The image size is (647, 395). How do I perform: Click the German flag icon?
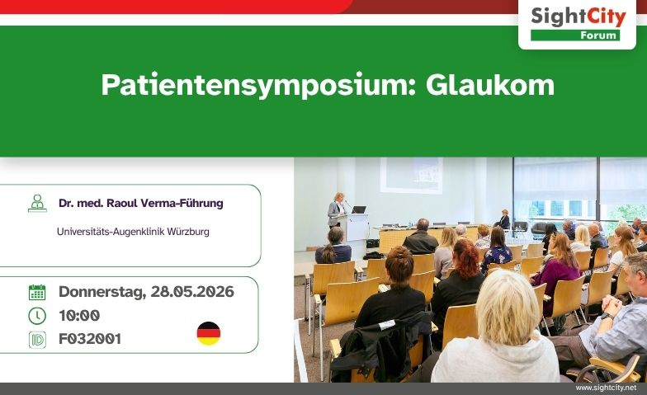209,333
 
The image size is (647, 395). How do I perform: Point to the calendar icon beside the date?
37,292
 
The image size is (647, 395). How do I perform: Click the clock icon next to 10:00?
37,316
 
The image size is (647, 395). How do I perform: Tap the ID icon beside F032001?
37,340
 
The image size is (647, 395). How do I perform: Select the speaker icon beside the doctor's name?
37,204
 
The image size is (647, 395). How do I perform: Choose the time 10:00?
79,316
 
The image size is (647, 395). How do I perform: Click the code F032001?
90,340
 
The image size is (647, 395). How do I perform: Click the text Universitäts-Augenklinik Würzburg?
133,232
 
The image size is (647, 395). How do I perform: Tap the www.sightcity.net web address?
606,388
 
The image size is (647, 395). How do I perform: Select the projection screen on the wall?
410,174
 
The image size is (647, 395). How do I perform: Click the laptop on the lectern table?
359,209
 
